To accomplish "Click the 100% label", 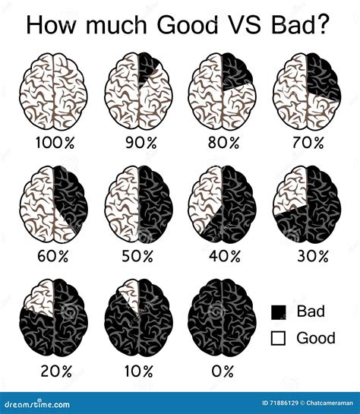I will point(55,143).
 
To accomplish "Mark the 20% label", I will point(55,371).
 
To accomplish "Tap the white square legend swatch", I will point(279,337).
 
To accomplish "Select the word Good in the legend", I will point(316,337).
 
